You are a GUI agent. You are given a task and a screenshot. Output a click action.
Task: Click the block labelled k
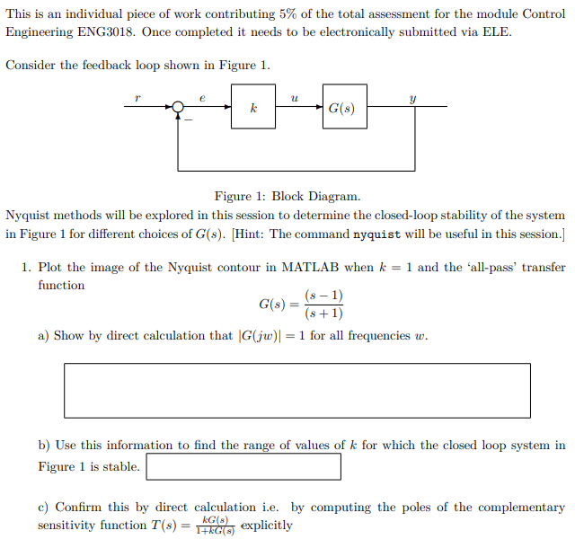(253, 107)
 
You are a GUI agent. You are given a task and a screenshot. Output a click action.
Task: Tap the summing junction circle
(179, 107)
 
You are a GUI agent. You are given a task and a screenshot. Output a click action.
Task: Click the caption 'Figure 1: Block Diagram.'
(287, 196)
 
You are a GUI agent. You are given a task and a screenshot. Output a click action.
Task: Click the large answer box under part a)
(296, 390)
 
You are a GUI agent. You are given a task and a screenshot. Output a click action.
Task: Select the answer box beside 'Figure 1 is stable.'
(243, 466)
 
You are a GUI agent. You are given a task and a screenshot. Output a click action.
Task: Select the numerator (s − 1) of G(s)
(323, 296)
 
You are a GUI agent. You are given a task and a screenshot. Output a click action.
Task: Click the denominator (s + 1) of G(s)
(323, 314)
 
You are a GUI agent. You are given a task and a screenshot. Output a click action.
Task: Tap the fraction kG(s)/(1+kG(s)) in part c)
(216, 526)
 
